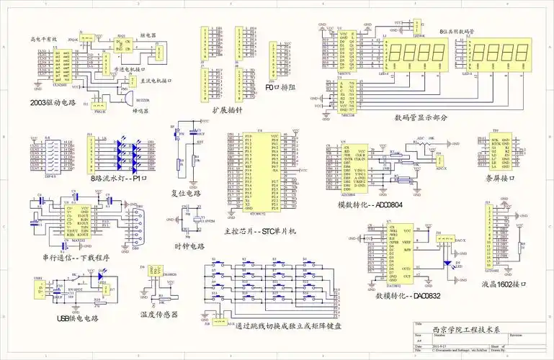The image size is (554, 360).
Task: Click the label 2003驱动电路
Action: click(x=53, y=102)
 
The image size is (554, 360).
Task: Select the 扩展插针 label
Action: click(x=226, y=109)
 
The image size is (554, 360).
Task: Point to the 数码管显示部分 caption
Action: click(x=421, y=117)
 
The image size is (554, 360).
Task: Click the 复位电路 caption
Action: click(x=187, y=193)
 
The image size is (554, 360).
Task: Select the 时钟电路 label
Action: click(x=189, y=246)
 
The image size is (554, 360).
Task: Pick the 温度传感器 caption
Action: click(x=159, y=315)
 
